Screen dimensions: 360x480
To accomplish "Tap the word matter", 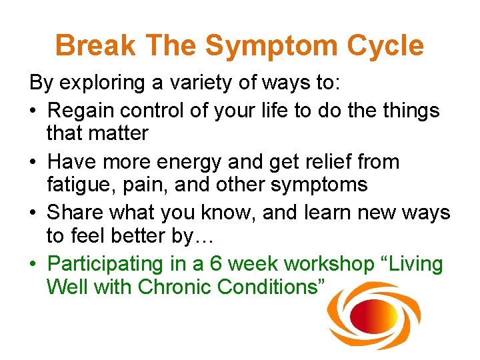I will click(x=116, y=133).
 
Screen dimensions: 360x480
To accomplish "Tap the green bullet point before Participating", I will click(x=33, y=264).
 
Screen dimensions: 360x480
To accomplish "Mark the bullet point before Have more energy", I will click(x=33, y=161).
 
